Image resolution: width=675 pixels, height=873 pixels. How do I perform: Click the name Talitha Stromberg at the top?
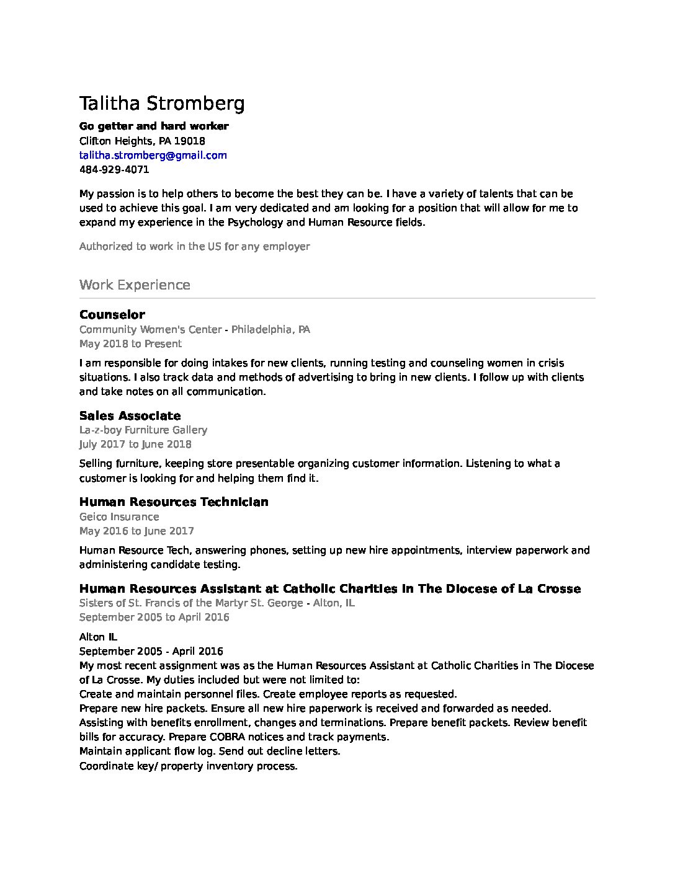(x=162, y=104)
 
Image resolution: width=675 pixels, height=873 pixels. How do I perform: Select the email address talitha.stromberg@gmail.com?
(x=153, y=155)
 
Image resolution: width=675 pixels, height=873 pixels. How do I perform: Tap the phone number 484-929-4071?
(x=114, y=169)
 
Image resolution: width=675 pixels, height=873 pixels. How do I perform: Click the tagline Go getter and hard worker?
(x=154, y=126)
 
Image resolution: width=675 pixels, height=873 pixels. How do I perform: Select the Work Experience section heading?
(x=135, y=285)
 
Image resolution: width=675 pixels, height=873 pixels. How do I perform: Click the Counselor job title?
(x=112, y=314)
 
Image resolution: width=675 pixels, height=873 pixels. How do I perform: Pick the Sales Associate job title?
(x=130, y=415)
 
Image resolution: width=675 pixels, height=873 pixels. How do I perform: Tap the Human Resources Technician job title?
(x=174, y=502)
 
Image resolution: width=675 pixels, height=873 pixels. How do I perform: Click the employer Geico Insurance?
(x=119, y=516)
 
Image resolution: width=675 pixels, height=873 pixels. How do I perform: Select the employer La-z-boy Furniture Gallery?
(x=143, y=430)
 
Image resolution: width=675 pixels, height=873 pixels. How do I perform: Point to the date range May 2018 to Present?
(x=130, y=343)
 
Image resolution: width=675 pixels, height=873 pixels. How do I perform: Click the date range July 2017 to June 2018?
(x=135, y=444)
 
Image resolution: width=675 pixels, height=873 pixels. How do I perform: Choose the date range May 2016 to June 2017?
(x=136, y=531)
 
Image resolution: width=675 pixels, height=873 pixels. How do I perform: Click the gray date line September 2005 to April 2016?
(x=154, y=617)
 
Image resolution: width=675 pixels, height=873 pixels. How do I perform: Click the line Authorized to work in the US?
(x=194, y=246)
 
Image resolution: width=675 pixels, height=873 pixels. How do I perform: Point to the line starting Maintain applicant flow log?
(x=210, y=751)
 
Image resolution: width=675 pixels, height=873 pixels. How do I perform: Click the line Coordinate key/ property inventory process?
(x=188, y=766)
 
